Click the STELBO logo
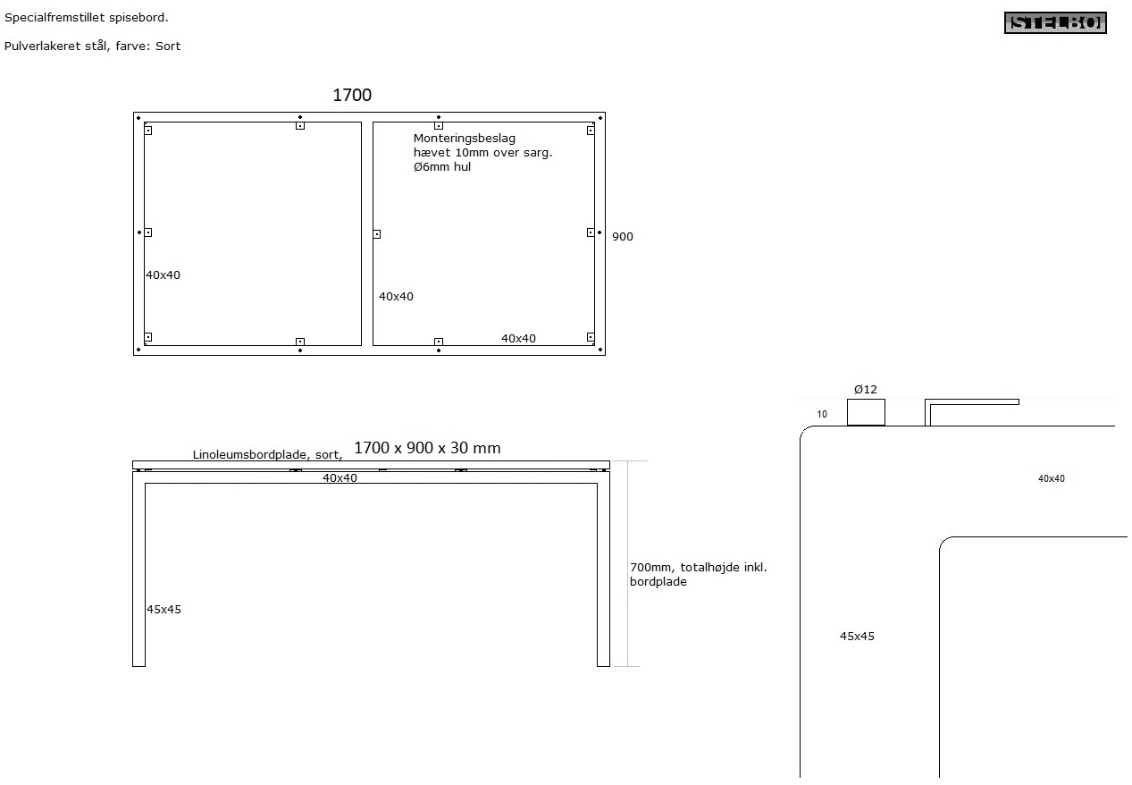click(1055, 23)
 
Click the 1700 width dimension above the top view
click(352, 95)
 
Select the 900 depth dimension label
click(623, 237)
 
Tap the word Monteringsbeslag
click(464, 139)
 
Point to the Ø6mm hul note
click(441, 167)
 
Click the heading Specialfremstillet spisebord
click(86, 17)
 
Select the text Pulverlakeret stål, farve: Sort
click(92, 46)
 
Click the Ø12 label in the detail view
click(865, 389)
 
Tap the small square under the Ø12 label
click(866, 412)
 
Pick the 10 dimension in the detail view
click(822, 415)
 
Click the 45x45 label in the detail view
click(857, 637)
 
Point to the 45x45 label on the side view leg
click(164, 610)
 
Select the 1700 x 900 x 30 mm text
click(427, 448)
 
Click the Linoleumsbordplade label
click(267, 455)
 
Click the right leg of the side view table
click(603, 572)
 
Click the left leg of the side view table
click(138, 572)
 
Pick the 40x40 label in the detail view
click(1051, 479)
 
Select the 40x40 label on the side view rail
click(340, 478)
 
